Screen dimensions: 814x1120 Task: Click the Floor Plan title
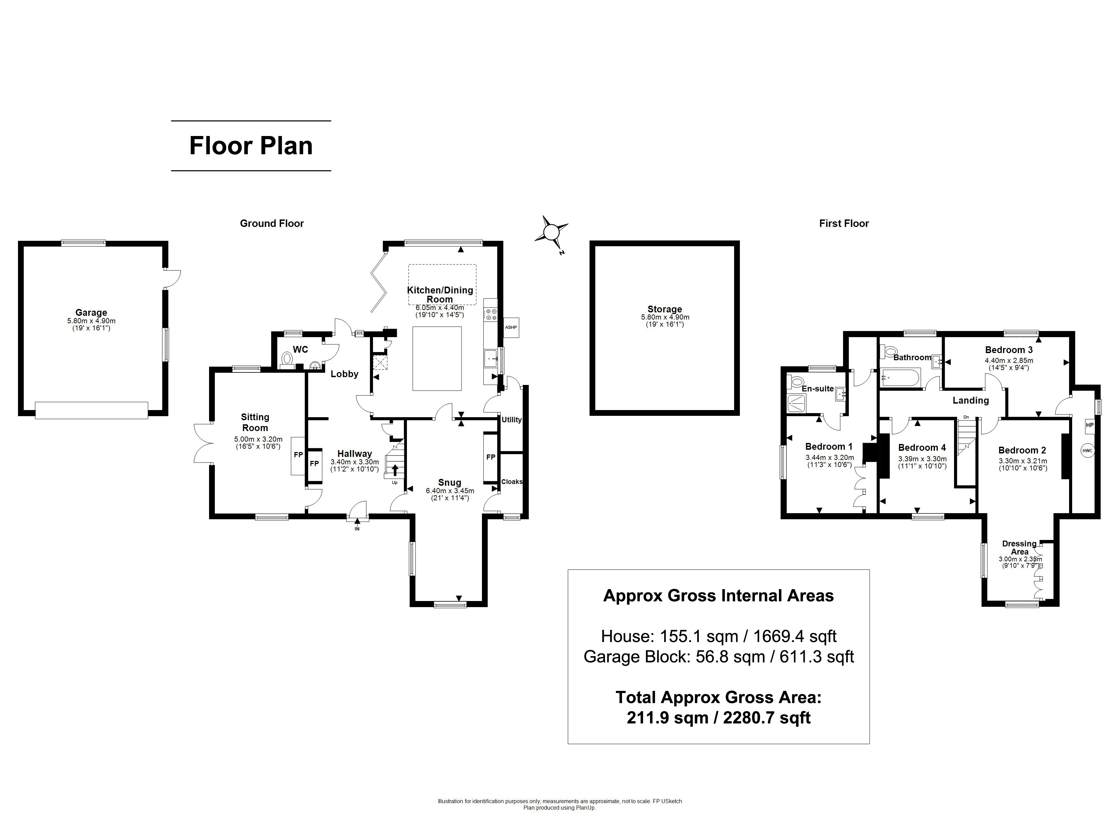251,146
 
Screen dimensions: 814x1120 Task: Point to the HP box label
1089,425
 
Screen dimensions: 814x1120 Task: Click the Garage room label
91,312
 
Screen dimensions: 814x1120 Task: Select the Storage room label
665,309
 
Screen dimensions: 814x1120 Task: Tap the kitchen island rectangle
437,358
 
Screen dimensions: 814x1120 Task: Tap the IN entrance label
357,529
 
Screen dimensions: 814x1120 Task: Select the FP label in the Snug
490,457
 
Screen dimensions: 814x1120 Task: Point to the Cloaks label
511,482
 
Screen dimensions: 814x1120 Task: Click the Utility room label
511,420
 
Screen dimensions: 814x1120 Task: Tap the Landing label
970,400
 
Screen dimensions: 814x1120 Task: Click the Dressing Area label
1019,547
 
